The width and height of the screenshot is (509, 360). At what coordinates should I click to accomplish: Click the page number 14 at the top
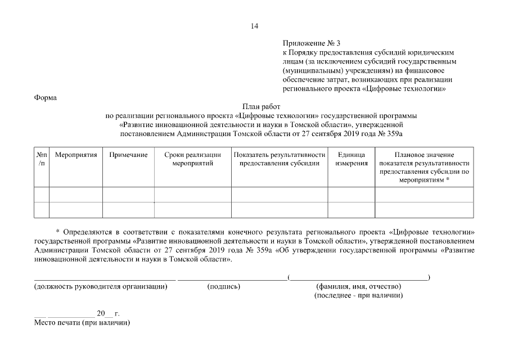point(254,26)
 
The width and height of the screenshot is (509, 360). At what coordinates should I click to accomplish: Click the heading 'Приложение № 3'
point(312,43)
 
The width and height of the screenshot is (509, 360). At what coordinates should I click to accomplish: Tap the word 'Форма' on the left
point(46,97)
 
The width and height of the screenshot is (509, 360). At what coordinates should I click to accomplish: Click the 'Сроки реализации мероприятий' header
point(192,159)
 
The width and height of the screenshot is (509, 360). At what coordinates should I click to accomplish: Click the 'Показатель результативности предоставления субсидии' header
point(280,159)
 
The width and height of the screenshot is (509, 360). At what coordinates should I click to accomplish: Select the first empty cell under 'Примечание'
point(128,194)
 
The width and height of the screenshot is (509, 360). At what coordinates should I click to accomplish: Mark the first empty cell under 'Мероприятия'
point(76,194)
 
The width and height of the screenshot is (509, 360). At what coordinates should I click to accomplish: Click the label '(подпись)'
point(224,287)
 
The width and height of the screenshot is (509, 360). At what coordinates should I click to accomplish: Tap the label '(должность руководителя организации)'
point(101,287)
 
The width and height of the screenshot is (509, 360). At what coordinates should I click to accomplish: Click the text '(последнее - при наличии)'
point(358,295)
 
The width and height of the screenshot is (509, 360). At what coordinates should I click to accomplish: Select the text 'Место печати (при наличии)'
point(82,323)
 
